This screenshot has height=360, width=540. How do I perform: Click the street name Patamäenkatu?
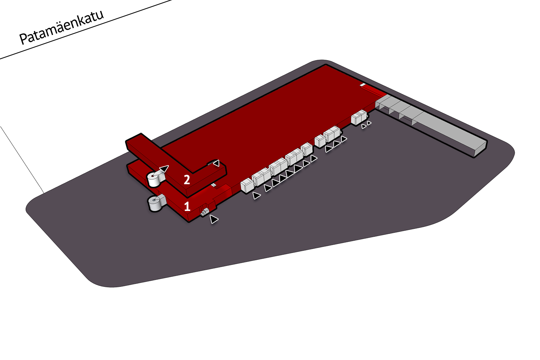[62, 27]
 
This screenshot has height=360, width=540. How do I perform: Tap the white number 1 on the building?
[187, 206]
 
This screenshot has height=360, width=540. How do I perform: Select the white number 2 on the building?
[187, 180]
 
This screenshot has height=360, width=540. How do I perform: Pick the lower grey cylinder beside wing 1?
[155, 204]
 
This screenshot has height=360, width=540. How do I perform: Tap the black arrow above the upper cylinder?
[164, 168]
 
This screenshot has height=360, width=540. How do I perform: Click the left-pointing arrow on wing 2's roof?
[216, 163]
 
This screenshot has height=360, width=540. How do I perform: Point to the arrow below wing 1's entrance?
[213, 219]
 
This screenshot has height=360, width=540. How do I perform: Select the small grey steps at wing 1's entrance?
[205, 212]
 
